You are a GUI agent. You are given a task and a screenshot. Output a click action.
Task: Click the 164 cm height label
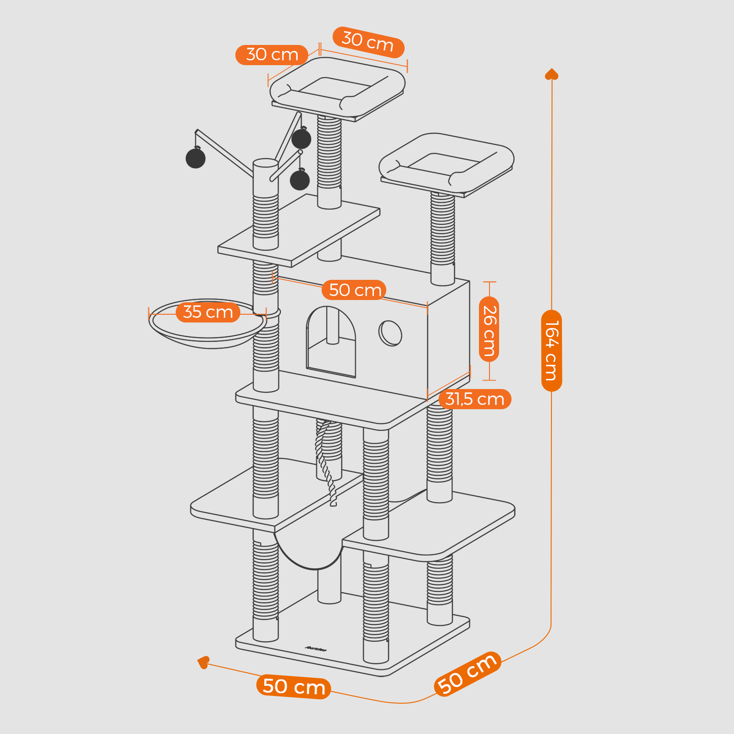point(551,350)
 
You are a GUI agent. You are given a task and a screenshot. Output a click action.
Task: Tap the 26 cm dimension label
point(489,330)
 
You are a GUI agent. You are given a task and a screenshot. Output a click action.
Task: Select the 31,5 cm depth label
point(475,399)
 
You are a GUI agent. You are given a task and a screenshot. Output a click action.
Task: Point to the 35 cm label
point(208,312)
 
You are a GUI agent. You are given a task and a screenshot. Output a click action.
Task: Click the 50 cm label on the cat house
point(355,290)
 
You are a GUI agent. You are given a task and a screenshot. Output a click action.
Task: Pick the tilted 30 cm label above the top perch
point(368,42)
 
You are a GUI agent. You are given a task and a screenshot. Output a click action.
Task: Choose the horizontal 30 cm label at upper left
point(272,55)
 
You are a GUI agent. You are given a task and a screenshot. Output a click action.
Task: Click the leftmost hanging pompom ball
point(195,158)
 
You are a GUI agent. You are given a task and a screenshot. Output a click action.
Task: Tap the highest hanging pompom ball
point(301,139)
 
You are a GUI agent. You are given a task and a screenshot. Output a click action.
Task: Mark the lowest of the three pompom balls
point(300,179)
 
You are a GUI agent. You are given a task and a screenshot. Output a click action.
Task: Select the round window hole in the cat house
point(390,333)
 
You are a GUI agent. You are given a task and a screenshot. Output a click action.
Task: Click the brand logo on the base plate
point(316,649)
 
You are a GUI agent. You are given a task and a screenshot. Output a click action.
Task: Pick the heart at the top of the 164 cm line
point(551,74)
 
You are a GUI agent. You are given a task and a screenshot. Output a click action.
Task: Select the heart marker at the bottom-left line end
point(203,662)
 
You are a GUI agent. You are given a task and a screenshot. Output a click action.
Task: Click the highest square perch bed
point(338,87)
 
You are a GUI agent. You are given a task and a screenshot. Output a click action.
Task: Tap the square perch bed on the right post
point(446,163)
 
